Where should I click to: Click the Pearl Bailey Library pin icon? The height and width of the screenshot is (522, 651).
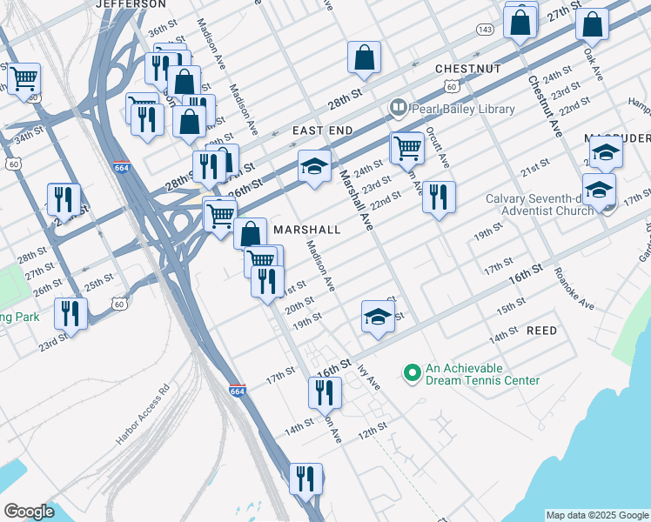(399, 109)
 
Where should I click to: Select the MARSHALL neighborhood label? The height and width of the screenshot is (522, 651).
(305, 228)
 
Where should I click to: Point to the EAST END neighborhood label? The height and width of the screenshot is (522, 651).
(322, 130)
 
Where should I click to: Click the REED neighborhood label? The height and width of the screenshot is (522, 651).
(541, 331)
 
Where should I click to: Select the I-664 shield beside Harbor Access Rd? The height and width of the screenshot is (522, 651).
(238, 391)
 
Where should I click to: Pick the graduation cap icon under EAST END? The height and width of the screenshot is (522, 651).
(315, 166)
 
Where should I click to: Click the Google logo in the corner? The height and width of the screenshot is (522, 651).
(29, 512)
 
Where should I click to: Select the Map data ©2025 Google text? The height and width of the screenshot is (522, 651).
(597, 515)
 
